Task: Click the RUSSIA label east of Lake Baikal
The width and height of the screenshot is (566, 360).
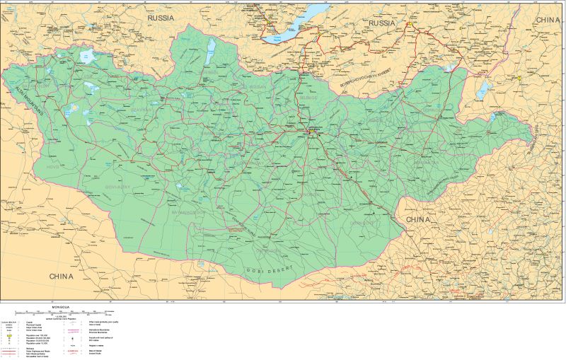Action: (371, 23)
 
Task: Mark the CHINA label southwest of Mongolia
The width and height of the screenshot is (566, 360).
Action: (57, 275)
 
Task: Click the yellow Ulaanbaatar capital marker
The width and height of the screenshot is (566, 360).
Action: (311, 130)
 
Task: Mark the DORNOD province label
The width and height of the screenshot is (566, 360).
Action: (431, 110)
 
